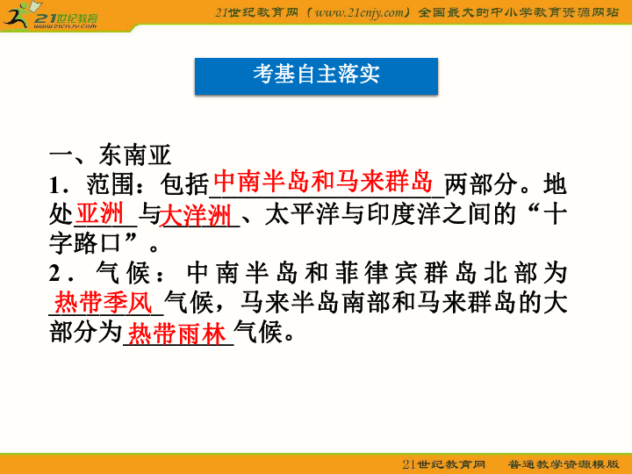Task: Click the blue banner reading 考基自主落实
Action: (316, 75)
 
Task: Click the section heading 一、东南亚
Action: (109, 154)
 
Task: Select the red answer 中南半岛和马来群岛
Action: (324, 182)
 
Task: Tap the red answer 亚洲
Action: (99, 213)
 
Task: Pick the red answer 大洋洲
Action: (197, 215)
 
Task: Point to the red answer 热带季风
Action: (104, 303)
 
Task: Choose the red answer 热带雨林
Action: (178, 333)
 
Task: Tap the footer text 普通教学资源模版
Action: (564, 463)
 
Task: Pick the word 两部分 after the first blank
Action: (482, 185)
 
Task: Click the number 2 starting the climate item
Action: (55, 274)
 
